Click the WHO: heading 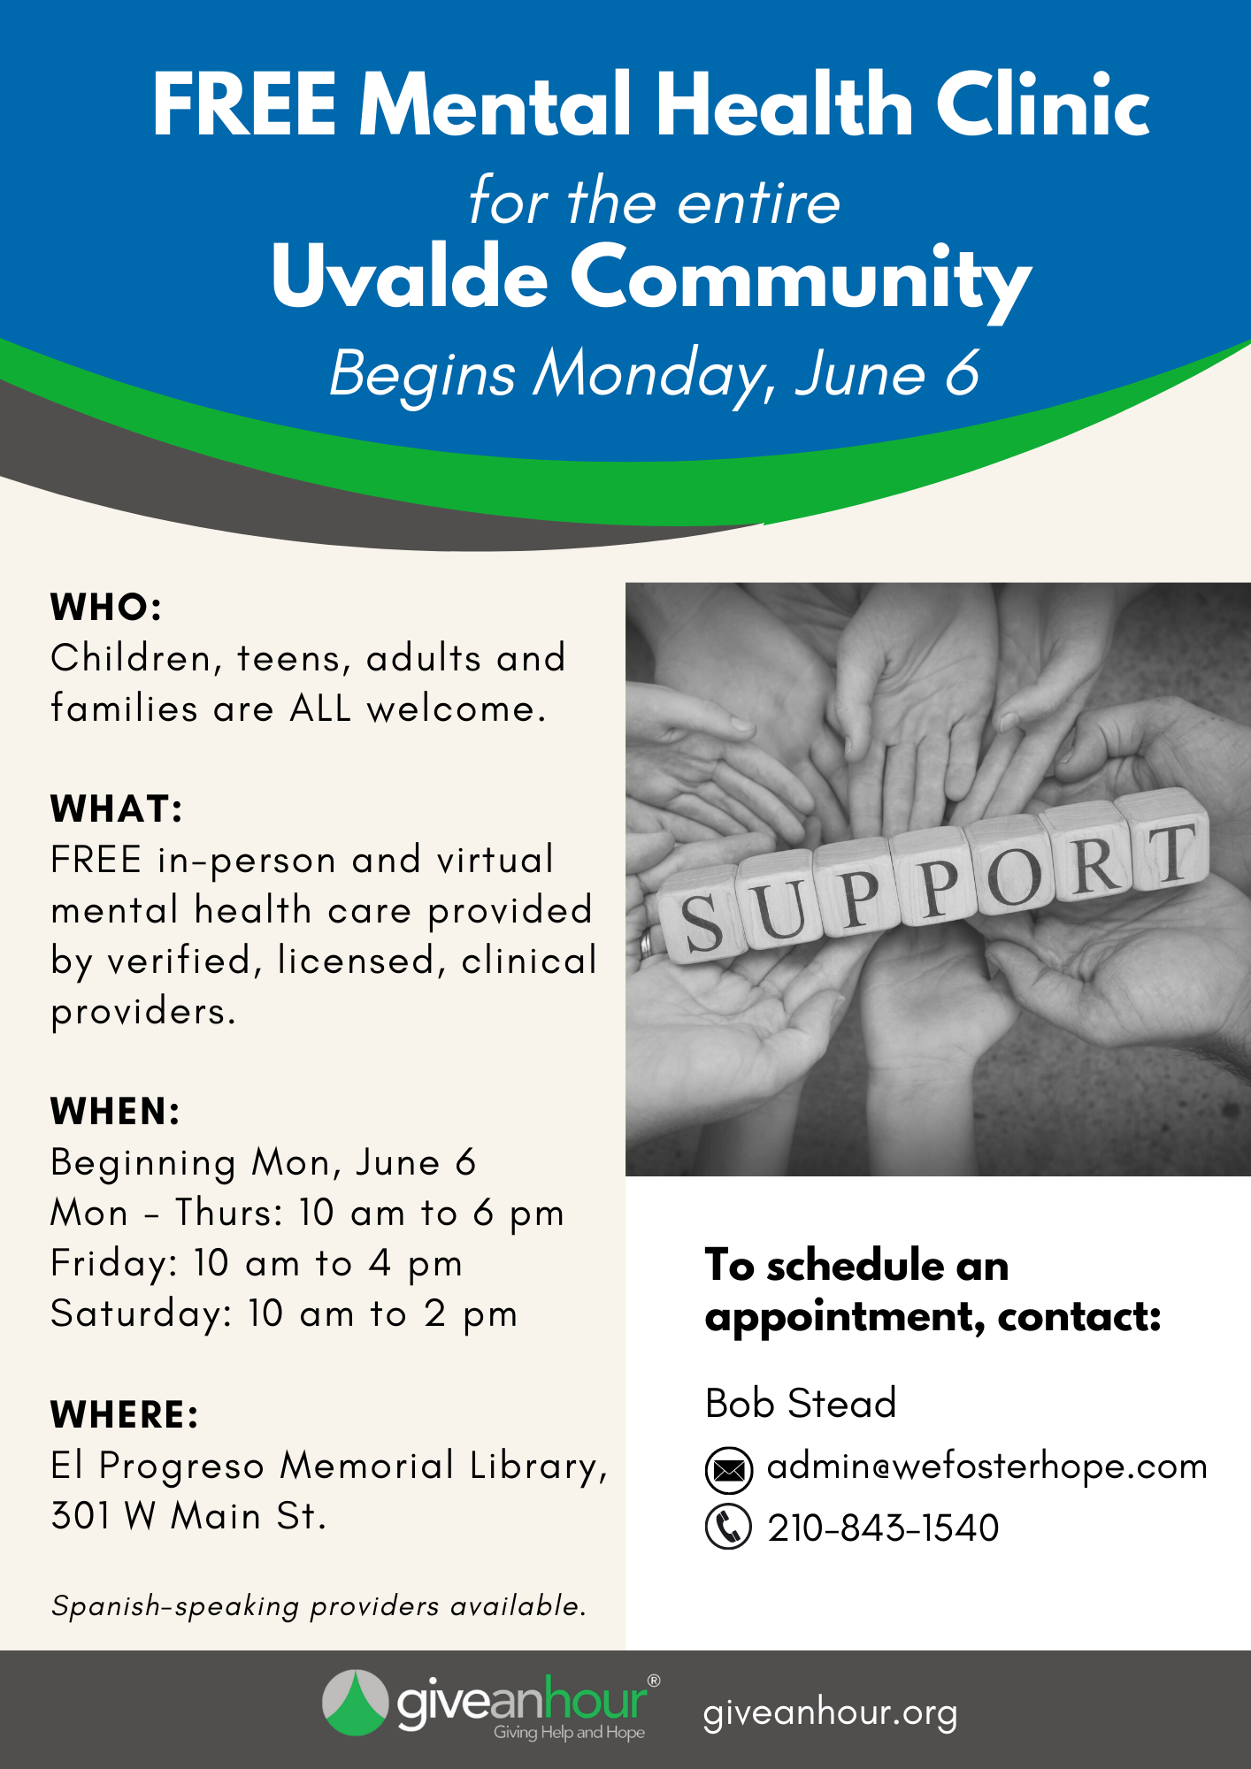pos(106,608)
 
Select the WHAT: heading pos(117,809)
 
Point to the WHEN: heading pos(116,1112)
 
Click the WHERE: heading pos(125,1415)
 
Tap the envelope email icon pos(729,1470)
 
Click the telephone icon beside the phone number pos(728,1527)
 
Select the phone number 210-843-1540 pos(883,1528)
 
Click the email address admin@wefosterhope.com pos(987,1467)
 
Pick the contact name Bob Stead pos(801,1404)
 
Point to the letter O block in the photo pos(1012,876)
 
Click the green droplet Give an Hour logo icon pos(355,1703)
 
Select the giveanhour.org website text pos(830,1713)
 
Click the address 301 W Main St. pos(188,1516)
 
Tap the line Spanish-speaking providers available pos(319,1605)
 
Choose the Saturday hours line pos(284,1314)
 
